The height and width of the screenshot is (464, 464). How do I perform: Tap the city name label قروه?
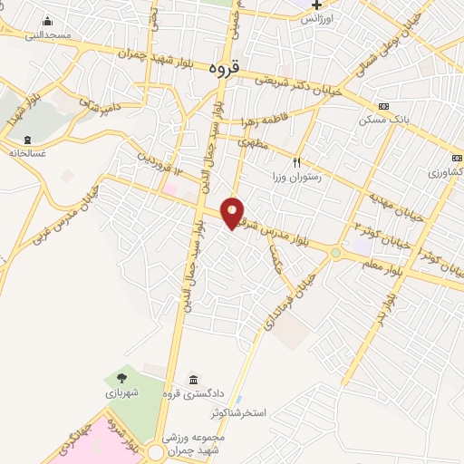tap(222, 68)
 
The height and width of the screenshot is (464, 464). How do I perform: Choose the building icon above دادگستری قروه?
tap(193, 379)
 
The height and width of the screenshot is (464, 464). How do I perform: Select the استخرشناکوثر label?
tap(239, 413)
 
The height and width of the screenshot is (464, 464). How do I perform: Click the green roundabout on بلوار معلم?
tap(335, 254)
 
